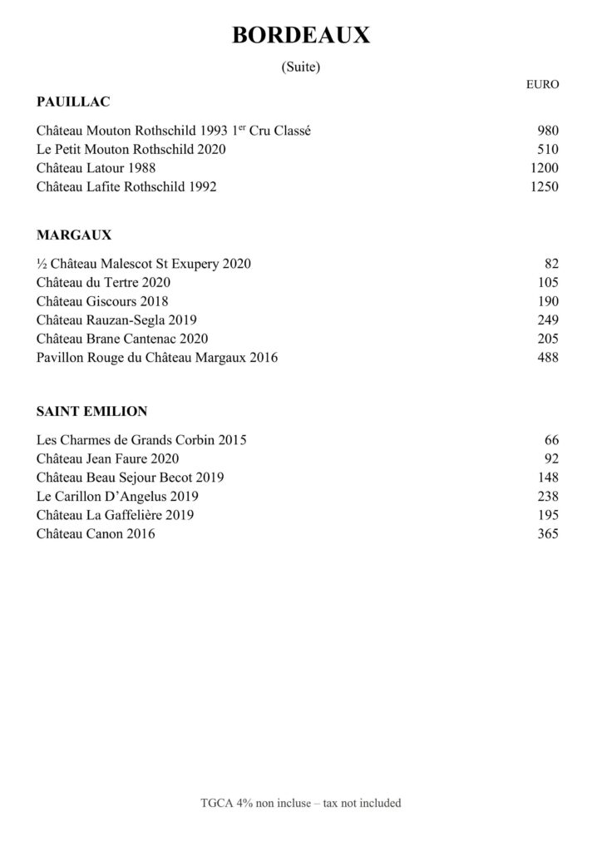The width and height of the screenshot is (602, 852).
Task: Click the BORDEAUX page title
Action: click(300, 36)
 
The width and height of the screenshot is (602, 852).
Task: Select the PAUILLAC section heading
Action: click(74, 102)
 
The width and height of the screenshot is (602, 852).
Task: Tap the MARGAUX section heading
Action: click(74, 235)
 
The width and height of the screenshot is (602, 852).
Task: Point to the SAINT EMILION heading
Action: click(92, 411)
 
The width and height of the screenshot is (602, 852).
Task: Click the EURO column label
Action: click(543, 84)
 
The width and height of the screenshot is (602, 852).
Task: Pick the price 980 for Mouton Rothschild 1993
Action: click(549, 131)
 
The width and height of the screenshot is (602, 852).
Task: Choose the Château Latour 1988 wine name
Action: click(96, 168)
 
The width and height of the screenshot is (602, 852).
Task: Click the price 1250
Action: click(545, 187)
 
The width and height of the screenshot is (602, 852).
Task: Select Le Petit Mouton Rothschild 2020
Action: click(131, 150)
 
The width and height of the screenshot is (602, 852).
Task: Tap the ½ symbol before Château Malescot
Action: click(42, 264)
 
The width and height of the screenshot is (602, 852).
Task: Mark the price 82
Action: click(552, 264)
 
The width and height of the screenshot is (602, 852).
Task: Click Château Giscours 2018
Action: click(102, 301)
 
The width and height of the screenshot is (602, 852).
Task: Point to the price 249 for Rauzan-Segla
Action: click(549, 320)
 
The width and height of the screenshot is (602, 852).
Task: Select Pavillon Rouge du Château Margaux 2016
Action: click(157, 358)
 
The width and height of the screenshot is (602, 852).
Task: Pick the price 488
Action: click(549, 358)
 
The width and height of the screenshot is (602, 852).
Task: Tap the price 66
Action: click(552, 439)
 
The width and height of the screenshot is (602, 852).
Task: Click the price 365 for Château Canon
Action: click(549, 534)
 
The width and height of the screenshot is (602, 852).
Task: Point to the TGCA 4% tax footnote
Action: click(300, 803)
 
